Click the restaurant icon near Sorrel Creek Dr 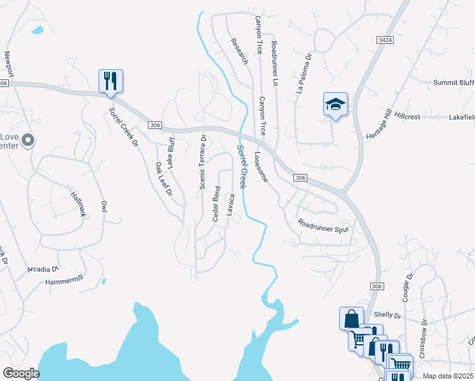[110, 81]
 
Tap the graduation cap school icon [335, 104]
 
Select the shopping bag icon [351, 318]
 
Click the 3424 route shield [384, 40]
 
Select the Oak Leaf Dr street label [163, 179]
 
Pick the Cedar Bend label [217, 203]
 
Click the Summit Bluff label [453, 83]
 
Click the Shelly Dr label [388, 315]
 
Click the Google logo [21, 373]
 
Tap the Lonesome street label [262, 166]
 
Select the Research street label [239, 51]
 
